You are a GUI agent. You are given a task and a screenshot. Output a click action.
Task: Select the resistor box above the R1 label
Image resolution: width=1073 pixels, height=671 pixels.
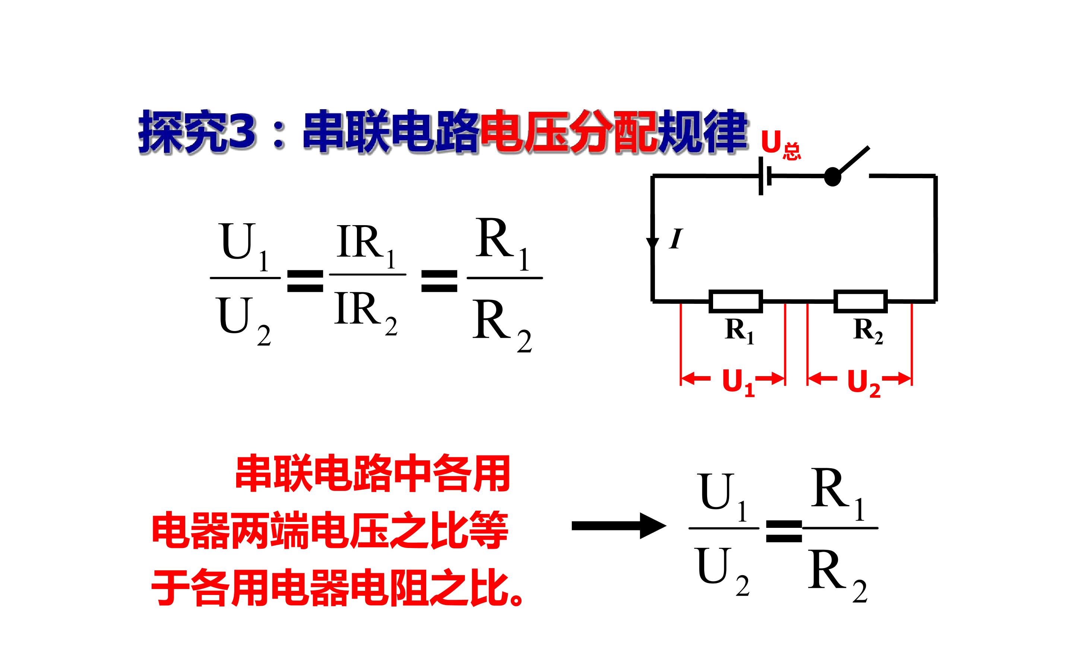(735, 301)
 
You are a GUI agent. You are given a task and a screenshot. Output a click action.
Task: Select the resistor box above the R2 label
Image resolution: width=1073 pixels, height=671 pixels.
(861, 301)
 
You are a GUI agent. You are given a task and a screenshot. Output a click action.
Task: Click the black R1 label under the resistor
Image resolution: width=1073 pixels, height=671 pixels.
(740, 331)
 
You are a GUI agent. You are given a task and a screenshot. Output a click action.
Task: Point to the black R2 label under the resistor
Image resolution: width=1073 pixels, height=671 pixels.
(868, 331)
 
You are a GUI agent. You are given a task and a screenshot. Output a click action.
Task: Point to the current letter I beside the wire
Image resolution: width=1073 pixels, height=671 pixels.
(676, 239)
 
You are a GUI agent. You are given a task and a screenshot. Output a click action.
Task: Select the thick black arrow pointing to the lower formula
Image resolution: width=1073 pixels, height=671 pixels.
(619, 526)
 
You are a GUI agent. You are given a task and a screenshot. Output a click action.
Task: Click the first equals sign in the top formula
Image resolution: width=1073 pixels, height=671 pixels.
(306, 280)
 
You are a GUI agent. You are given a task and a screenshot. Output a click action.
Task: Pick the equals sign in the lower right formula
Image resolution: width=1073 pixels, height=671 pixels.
(784, 532)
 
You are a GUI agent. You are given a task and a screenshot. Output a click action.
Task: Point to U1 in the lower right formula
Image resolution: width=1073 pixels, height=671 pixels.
(723, 498)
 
